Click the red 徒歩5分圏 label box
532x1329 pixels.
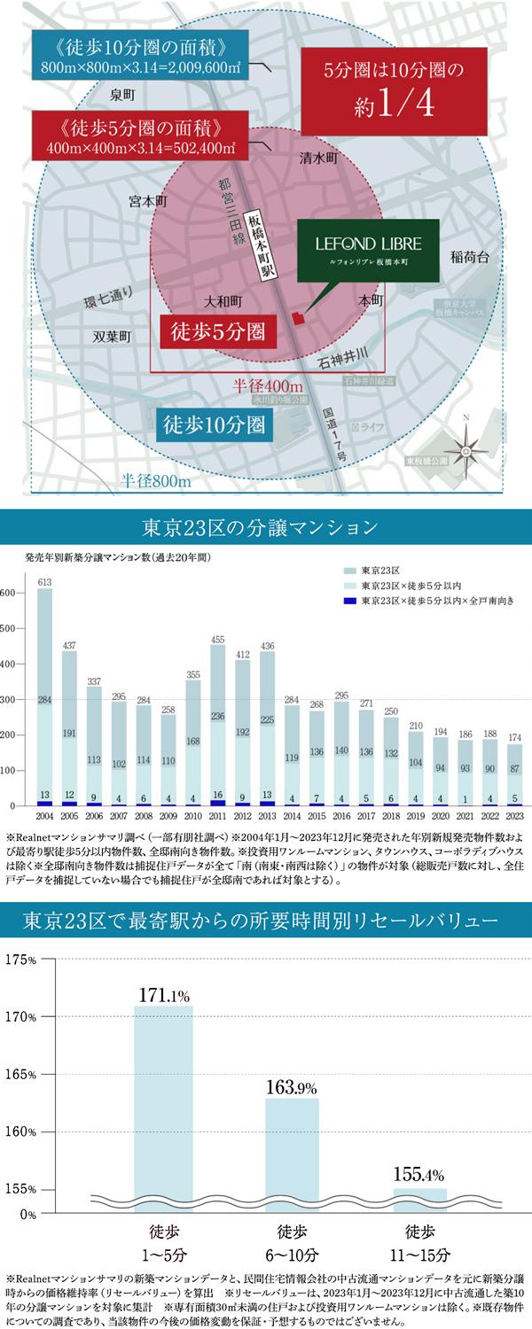tap(213, 334)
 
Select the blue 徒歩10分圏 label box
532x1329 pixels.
tap(214, 424)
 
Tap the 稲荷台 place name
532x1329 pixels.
tap(470, 258)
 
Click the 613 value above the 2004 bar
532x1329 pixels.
tap(43, 581)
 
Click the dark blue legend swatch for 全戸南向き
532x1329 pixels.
tap(351, 602)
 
